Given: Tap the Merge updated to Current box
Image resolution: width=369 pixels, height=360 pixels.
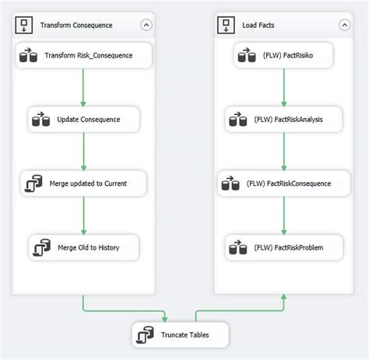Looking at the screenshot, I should coord(84,183).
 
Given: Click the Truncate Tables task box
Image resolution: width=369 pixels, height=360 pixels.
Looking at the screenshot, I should coord(181,335).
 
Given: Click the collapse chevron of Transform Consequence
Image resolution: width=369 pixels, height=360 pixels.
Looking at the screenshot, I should coord(146,25).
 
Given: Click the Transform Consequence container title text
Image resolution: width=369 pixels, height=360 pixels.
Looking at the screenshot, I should coord(76,26).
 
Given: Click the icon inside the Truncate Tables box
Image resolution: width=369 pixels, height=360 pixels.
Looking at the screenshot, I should coord(144,335).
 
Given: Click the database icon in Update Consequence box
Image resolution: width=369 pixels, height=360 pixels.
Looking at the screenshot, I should coord(40,120).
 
